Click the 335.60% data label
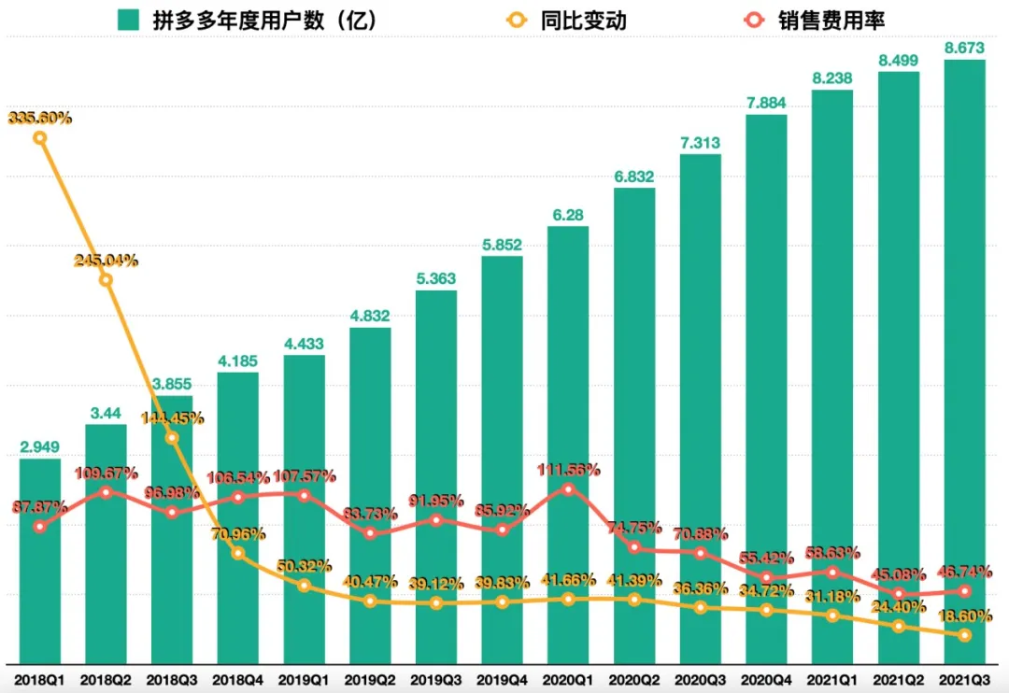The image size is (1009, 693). pyautogui.click(x=40, y=118)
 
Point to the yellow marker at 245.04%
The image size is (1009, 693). pyautogui.click(x=106, y=279)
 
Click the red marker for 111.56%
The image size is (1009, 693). pyautogui.click(x=568, y=488)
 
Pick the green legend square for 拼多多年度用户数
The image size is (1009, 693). pyautogui.click(x=128, y=21)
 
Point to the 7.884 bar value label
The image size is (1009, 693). pyautogui.click(x=766, y=101)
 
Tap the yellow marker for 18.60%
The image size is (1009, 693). pyautogui.click(x=964, y=635)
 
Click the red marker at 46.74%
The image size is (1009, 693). pyautogui.click(x=964, y=590)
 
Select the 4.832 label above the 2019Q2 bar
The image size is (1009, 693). pyautogui.click(x=370, y=314)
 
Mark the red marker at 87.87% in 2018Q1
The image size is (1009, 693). pyautogui.click(x=39, y=527)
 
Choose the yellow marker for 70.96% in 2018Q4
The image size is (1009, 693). pyautogui.click(x=238, y=553)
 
